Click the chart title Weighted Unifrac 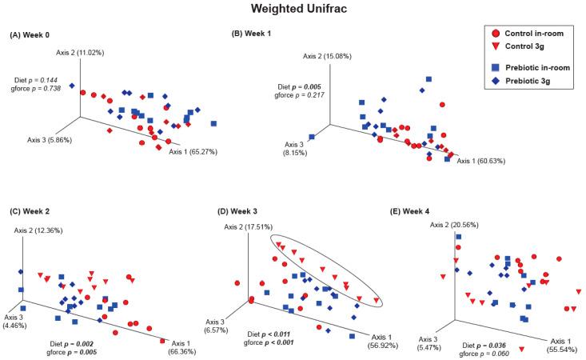293,10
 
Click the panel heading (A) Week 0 34,37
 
